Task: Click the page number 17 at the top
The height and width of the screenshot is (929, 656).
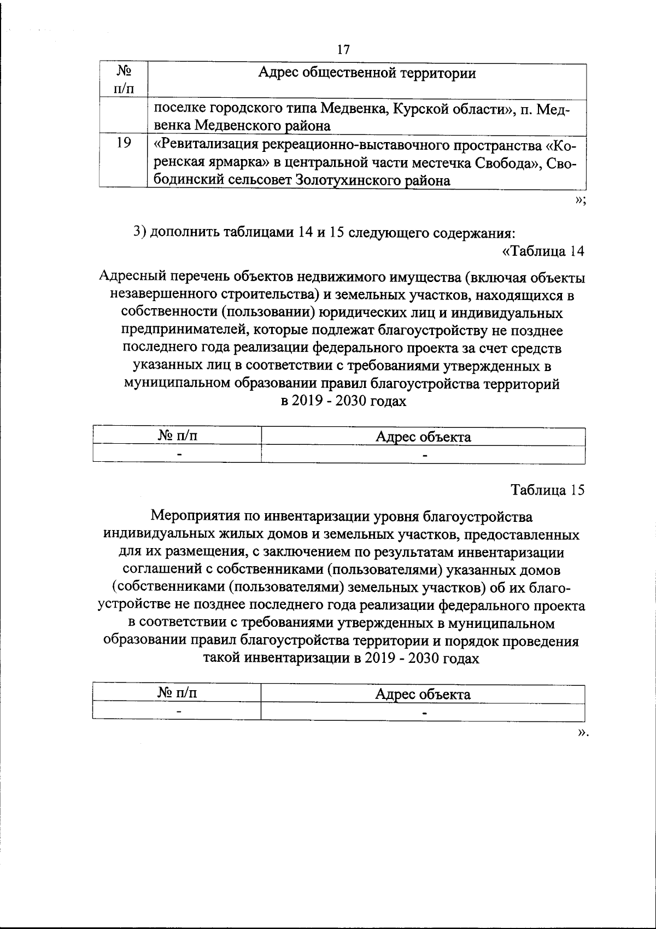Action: coord(343,50)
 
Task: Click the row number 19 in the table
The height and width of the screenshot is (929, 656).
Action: coord(124,143)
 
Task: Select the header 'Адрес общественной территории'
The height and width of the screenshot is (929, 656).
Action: coord(367,73)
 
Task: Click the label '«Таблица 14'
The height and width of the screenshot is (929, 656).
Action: coord(543,251)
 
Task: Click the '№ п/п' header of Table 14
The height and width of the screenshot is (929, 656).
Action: coord(177,437)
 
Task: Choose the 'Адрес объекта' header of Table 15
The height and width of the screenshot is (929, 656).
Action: coord(423,694)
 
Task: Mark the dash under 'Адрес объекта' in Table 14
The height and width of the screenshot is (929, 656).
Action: coord(424,454)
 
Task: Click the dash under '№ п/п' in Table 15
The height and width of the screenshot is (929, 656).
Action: coord(177,712)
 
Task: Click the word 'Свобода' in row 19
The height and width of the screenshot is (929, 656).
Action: coord(504,163)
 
